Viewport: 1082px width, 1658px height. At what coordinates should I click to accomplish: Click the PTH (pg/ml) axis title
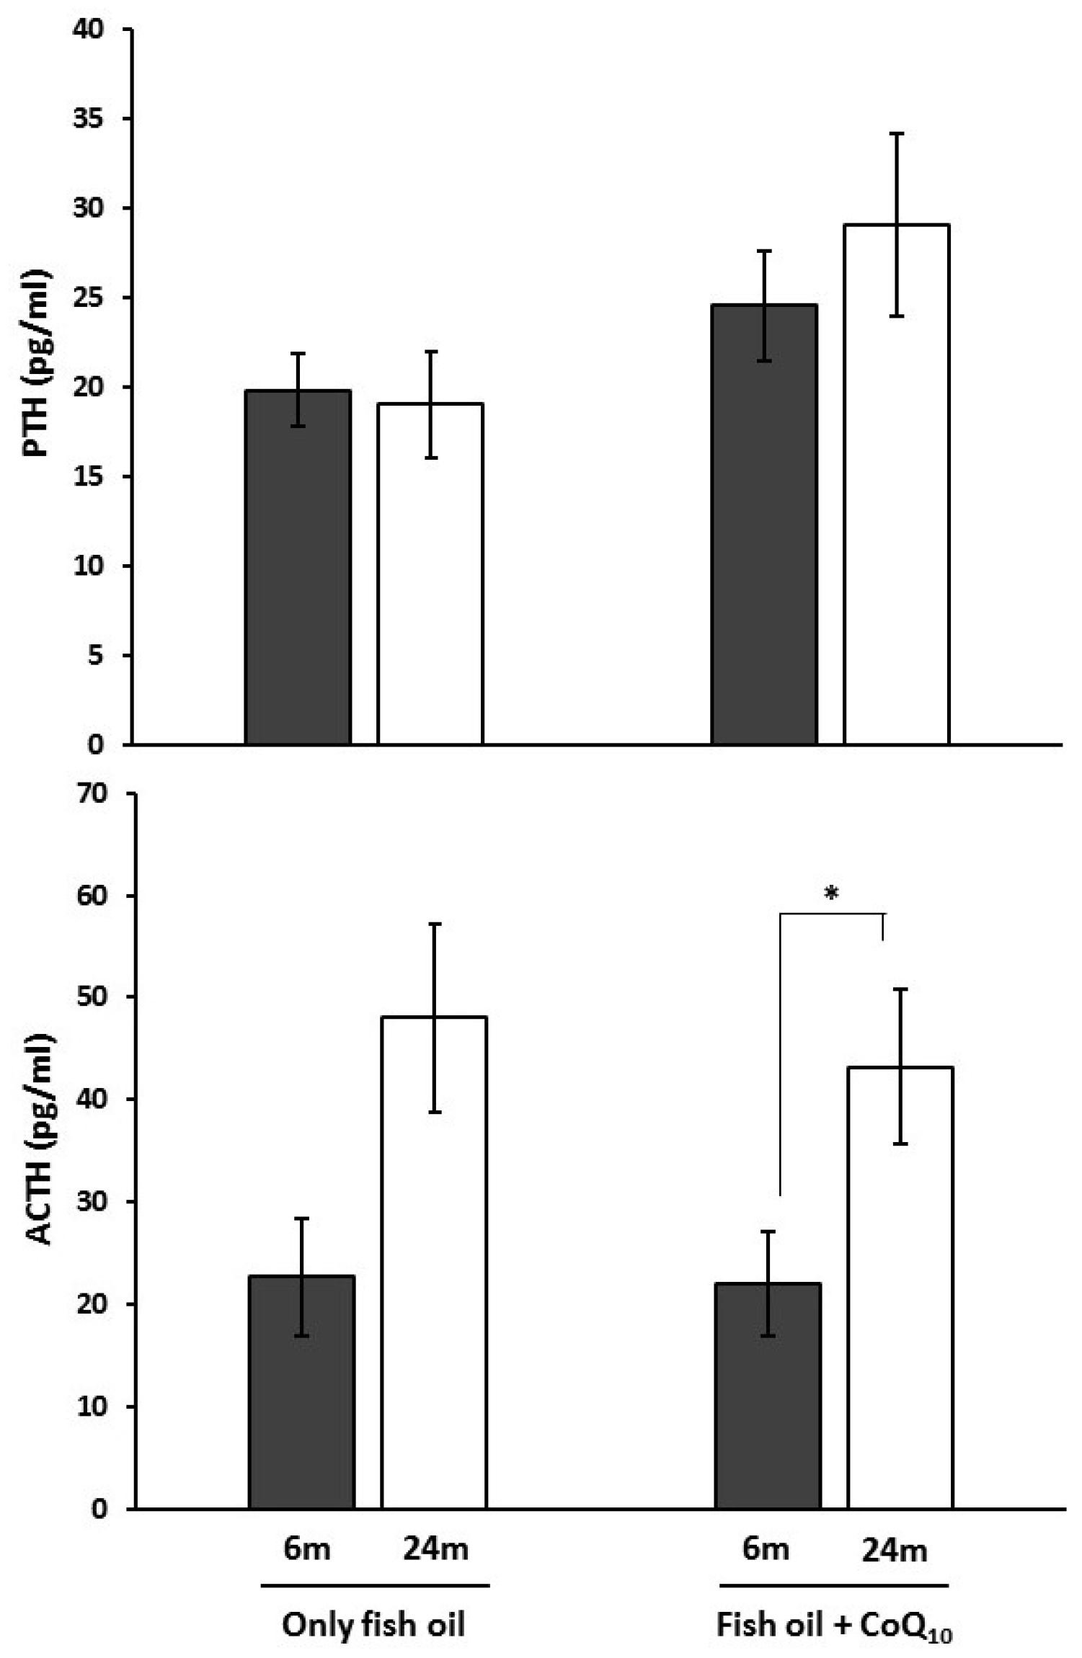coord(36,365)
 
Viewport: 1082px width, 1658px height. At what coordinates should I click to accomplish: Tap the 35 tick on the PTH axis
coord(88,119)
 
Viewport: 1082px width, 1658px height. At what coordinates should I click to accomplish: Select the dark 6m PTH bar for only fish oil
coord(298,569)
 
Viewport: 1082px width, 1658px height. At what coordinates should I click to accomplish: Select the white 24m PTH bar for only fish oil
coord(430,576)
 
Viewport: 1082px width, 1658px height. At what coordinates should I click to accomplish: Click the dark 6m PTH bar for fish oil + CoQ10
coord(764,526)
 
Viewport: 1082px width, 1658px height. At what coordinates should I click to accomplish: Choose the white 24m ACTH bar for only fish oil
coord(434,1261)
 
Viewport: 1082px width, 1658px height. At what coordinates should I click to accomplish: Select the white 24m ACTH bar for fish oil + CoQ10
coord(900,1286)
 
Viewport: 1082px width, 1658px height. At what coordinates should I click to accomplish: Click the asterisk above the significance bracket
coord(831,894)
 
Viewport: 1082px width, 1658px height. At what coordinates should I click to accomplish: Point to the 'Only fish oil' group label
coord(373,1625)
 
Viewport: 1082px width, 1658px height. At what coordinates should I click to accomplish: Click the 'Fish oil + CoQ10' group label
coord(834,1626)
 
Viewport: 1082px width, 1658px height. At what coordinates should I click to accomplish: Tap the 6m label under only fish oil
coord(306,1548)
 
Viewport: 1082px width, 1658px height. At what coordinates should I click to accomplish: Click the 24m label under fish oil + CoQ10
coord(895,1550)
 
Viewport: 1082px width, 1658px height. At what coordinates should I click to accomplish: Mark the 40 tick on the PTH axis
coord(88,30)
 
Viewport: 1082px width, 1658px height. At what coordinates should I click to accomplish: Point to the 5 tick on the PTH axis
coord(95,656)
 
